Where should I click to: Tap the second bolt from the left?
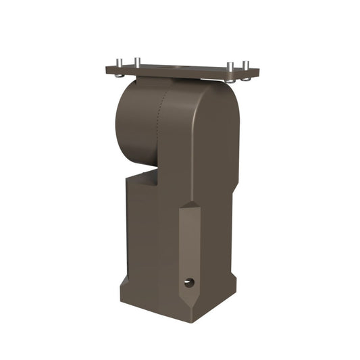pyautogui.click(x=136, y=62)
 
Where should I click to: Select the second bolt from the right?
pyautogui.click(x=231, y=66)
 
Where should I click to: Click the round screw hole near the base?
pyautogui.click(x=189, y=282)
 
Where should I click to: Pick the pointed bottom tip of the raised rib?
pyautogui.click(x=189, y=303)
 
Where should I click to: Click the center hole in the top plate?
pyautogui.click(x=180, y=68)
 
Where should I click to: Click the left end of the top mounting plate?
pyautogui.click(x=108, y=68)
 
